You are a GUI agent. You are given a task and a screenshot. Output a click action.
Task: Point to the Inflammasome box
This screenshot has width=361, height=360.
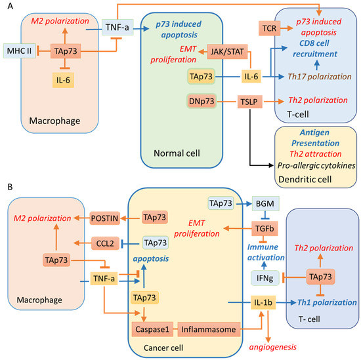[x=205, y=328]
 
